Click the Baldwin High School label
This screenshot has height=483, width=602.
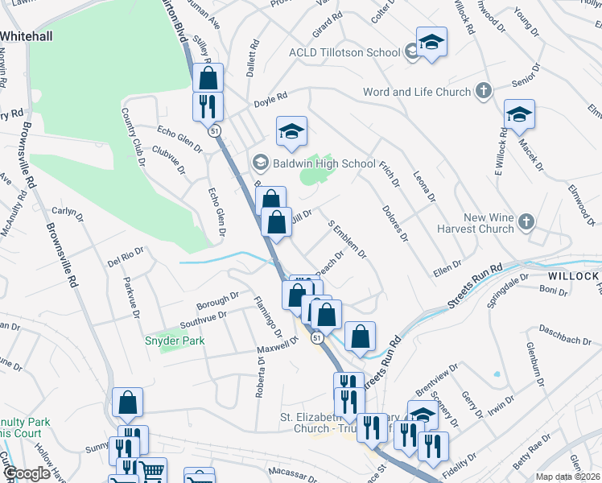coord(324,163)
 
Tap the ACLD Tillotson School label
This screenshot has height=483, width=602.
coord(344,52)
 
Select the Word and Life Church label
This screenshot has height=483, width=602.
coord(417,92)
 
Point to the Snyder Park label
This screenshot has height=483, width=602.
coord(175,341)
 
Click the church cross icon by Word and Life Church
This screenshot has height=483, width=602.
coord(483,90)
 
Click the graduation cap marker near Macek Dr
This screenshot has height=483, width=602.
coord(519,116)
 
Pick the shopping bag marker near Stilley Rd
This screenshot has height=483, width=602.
coord(208,78)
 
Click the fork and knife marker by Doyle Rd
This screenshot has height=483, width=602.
coord(208,106)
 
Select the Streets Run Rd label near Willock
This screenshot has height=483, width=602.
coord(474,286)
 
